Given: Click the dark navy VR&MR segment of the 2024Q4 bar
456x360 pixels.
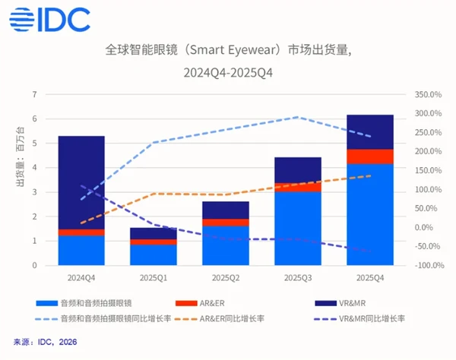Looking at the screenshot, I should (x=81, y=182).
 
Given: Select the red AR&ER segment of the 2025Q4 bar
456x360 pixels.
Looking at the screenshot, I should (x=370, y=156).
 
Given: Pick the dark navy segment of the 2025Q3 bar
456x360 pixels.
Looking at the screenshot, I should (x=298, y=170).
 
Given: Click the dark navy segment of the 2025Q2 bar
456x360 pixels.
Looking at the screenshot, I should (x=226, y=210).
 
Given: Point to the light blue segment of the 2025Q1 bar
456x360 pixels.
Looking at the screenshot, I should (x=153, y=255).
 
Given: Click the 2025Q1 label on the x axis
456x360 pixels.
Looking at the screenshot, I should (x=153, y=277).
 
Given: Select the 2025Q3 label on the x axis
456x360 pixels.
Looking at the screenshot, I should (x=298, y=277).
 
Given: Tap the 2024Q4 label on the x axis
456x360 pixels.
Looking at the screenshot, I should (x=81, y=277).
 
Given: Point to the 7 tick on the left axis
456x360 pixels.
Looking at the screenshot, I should (x=34, y=94).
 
